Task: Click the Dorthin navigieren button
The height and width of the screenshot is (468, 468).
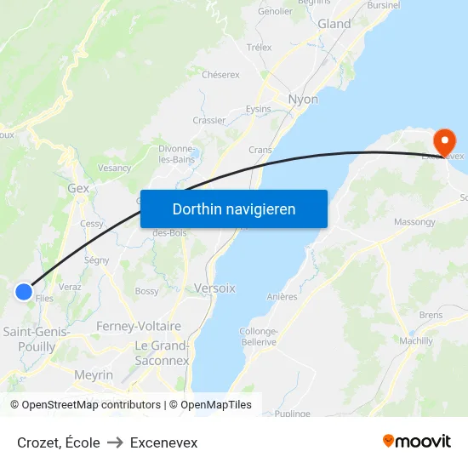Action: (x=234, y=208)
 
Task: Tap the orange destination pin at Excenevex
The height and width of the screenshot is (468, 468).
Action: (x=443, y=140)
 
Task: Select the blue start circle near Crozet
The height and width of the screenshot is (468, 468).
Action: (x=23, y=292)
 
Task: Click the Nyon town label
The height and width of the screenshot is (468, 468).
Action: (x=303, y=100)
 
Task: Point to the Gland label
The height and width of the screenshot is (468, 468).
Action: (x=334, y=24)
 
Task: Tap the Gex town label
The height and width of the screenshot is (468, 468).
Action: (x=78, y=188)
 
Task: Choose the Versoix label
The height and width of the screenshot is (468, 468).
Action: (x=214, y=288)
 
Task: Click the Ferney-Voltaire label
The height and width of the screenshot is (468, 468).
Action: (x=139, y=326)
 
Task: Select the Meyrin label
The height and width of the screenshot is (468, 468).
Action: (x=93, y=374)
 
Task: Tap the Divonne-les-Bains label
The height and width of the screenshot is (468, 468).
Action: (x=177, y=153)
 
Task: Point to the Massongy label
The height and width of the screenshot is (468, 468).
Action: (x=414, y=222)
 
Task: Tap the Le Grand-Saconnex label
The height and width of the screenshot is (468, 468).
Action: (x=162, y=353)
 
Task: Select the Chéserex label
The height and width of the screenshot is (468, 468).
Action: (x=220, y=74)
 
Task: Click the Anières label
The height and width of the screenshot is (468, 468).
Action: (x=282, y=297)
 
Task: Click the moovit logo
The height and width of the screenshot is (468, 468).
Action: (x=417, y=442)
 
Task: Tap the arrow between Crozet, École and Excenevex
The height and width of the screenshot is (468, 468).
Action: (x=115, y=442)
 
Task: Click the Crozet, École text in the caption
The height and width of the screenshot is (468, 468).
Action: (x=59, y=442)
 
